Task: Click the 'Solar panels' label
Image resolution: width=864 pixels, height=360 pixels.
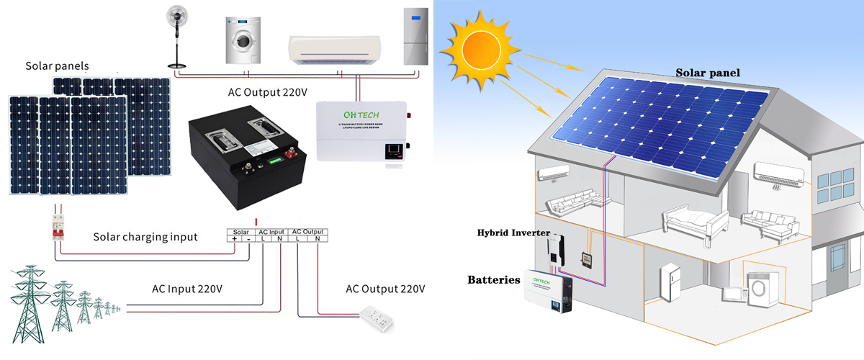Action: [57, 66]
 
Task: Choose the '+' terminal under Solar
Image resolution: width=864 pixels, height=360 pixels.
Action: [235, 239]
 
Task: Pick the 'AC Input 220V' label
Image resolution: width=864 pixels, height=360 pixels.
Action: [186, 289]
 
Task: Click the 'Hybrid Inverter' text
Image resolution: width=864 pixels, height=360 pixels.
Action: [513, 233]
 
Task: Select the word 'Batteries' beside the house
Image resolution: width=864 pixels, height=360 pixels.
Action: [493, 279]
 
